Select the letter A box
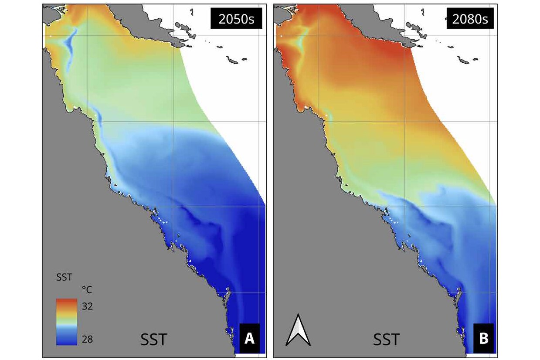click(x=249, y=339)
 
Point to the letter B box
click(x=483, y=339)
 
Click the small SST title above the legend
click(x=64, y=276)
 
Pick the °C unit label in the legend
click(x=87, y=290)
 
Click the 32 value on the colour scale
click(x=87, y=306)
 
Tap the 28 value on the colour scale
click(x=87, y=339)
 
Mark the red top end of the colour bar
click(x=66, y=302)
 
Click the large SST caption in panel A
click(x=153, y=339)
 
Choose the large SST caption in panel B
click(x=386, y=339)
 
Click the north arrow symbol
click(x=298, y=330)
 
